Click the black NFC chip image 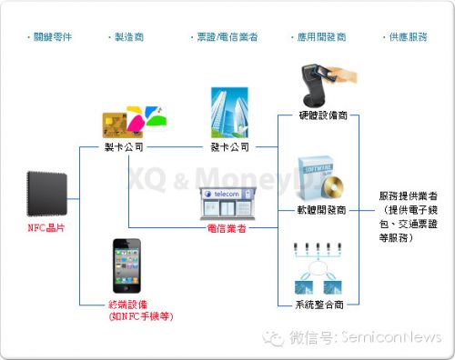pyautogui.click(x=45, y=188)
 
